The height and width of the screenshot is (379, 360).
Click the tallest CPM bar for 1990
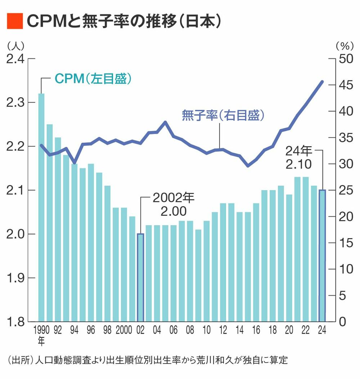41,208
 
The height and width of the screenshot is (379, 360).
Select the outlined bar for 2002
140,277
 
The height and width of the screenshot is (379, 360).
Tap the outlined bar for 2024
322,255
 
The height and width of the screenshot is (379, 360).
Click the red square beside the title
15,21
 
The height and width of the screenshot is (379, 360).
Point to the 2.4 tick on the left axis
32,59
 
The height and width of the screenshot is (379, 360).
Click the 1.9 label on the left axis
16,278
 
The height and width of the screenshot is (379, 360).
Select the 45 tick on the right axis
332,85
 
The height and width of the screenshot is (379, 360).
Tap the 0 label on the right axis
342,322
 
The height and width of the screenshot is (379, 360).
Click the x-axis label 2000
124,330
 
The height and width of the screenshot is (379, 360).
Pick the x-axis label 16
256,330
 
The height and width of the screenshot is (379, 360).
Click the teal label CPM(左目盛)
93,79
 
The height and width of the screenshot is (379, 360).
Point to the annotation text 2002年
174,198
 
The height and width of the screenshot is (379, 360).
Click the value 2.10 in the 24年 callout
299,164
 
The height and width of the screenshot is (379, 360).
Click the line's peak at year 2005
165,122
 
